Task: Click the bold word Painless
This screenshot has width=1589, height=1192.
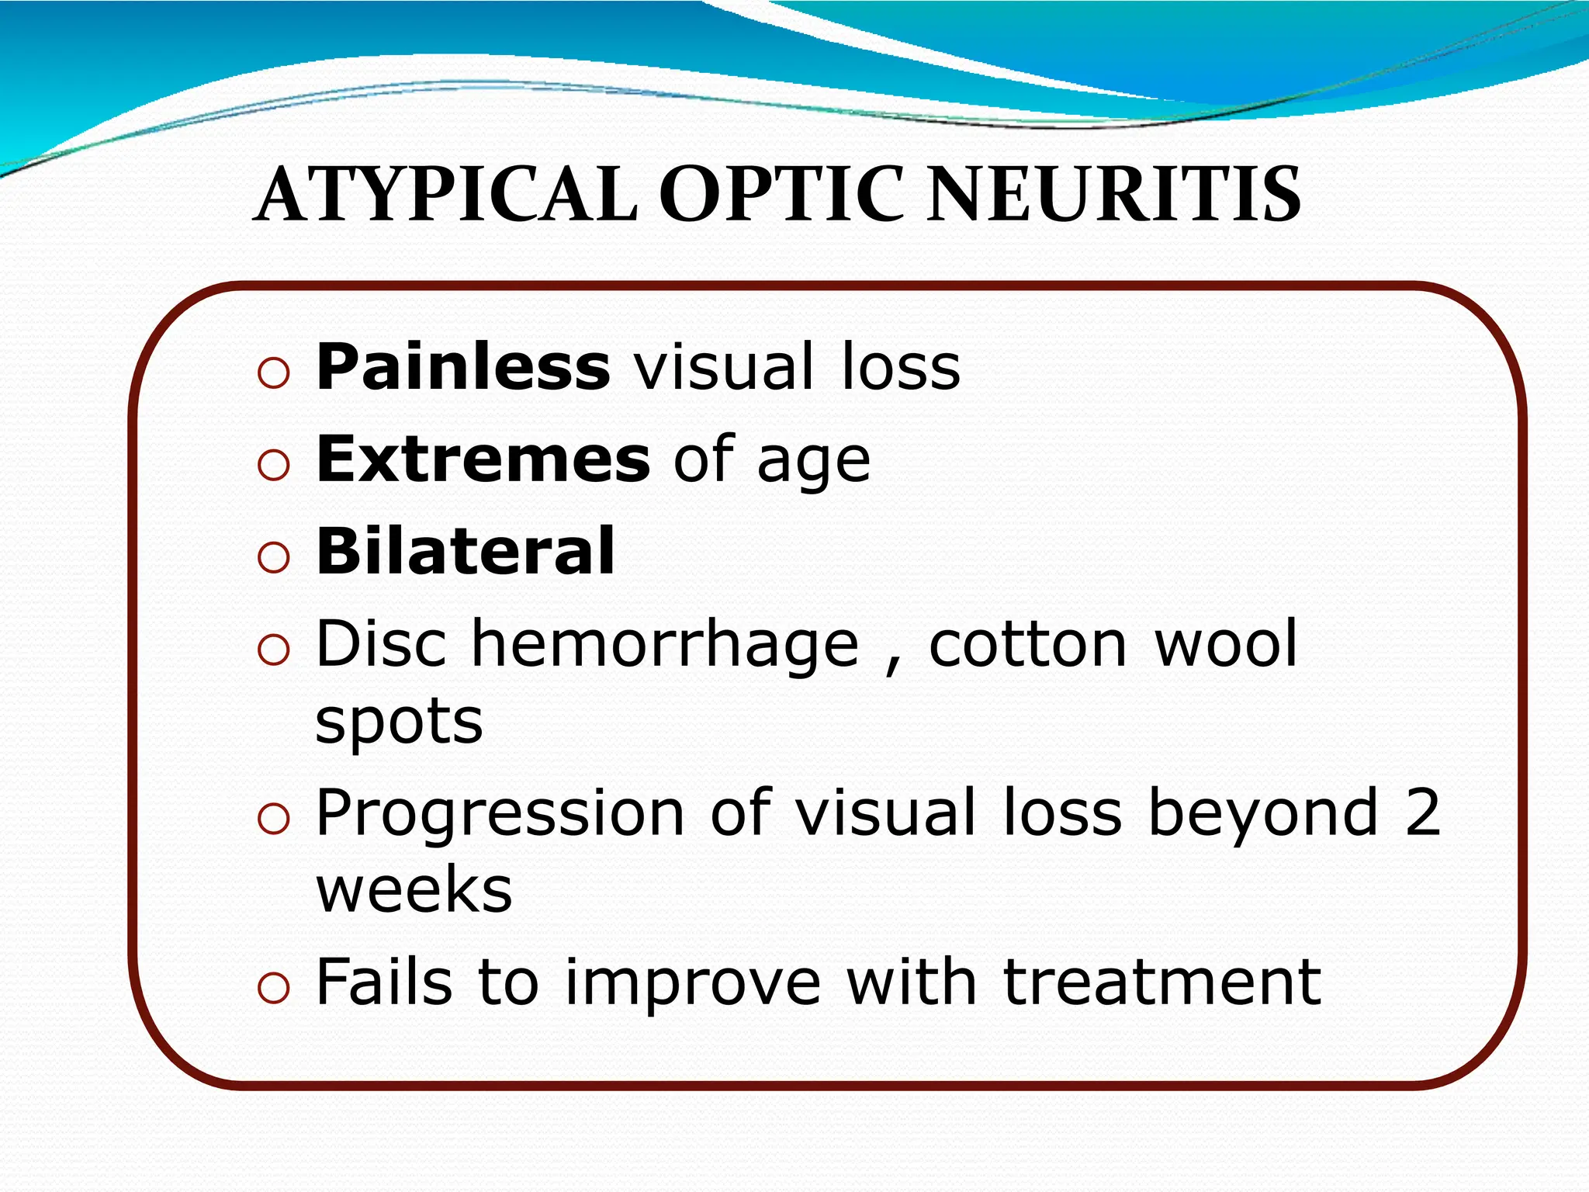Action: coord(463,366)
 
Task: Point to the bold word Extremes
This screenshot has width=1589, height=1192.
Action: coord(483,459)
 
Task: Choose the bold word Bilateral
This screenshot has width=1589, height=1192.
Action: coord(466,551)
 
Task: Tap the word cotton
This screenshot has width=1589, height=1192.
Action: coord(1027,644)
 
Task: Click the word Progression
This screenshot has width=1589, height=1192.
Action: coord(500,813)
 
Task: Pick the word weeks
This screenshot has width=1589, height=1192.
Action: coord(414,891)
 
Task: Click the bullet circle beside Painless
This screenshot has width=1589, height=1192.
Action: coord(273,374)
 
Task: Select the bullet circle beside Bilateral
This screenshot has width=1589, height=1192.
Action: coord(273,557)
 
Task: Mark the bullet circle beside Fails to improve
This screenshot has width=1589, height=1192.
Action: coord(273,989)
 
